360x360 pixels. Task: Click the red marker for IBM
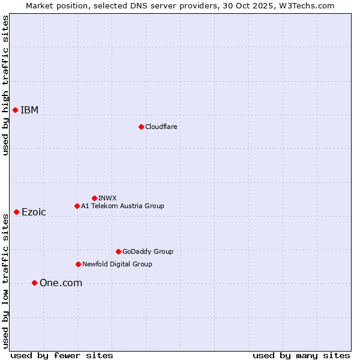coord(15,110)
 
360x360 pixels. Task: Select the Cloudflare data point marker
coord(141,127)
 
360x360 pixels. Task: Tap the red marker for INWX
coord(94,198)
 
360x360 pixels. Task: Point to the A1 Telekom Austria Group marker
coord(77,206)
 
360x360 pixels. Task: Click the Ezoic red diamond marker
coord(16,212)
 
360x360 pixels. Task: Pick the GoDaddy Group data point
coord(118,251)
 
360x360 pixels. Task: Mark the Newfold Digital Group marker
coord(78,264)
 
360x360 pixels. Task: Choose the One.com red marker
coord(34,283)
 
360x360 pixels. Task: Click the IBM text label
coord(29,110)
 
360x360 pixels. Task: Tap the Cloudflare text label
coord(161,127)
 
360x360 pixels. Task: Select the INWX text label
coord(107,198)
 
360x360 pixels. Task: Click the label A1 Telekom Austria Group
coord(122,206)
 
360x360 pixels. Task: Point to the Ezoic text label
coord(34,212)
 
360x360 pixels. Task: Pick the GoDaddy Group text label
coord(148,251)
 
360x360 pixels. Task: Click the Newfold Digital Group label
coord(117,264)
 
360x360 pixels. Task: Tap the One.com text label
coord(61,283)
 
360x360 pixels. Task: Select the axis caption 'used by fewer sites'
coord(62,355)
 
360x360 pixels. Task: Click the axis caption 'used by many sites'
coord(301,355)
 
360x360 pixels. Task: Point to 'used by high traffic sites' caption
coord(5,86)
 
